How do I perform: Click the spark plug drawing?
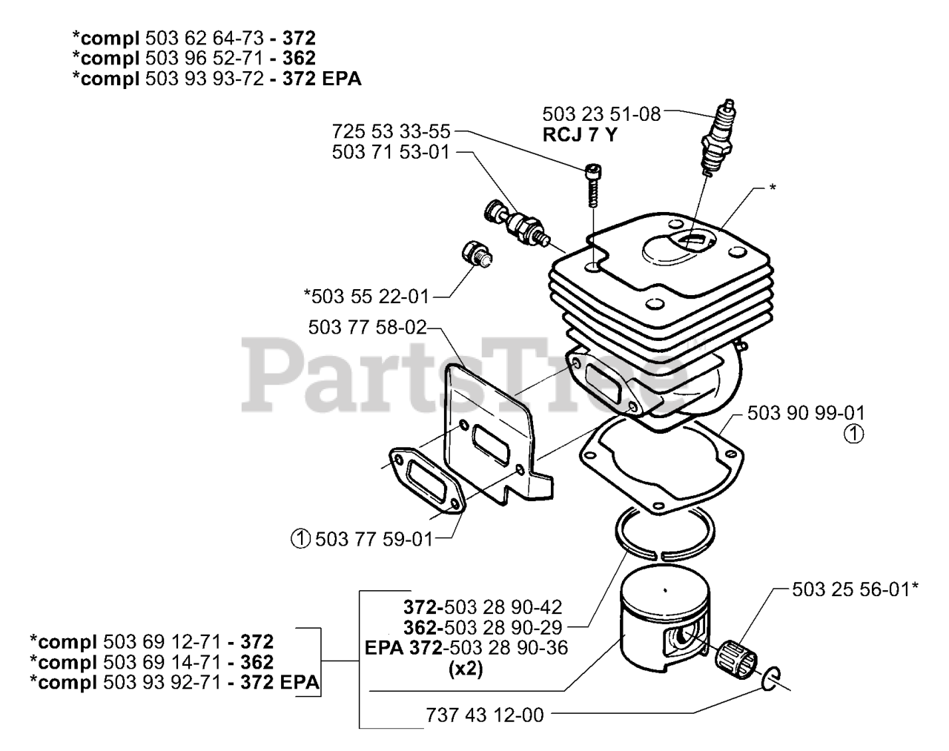721,139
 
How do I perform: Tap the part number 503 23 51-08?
601,114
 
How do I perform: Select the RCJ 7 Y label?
579,135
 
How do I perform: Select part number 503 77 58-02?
368,327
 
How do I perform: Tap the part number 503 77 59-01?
373,539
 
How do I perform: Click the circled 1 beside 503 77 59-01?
300,539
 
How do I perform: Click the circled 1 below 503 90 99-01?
853,436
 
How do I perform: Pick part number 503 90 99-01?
805,413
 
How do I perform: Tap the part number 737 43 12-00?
485,715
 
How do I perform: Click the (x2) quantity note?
466,669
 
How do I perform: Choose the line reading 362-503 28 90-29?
483,626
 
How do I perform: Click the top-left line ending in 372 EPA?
216,79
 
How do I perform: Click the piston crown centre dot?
665,590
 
